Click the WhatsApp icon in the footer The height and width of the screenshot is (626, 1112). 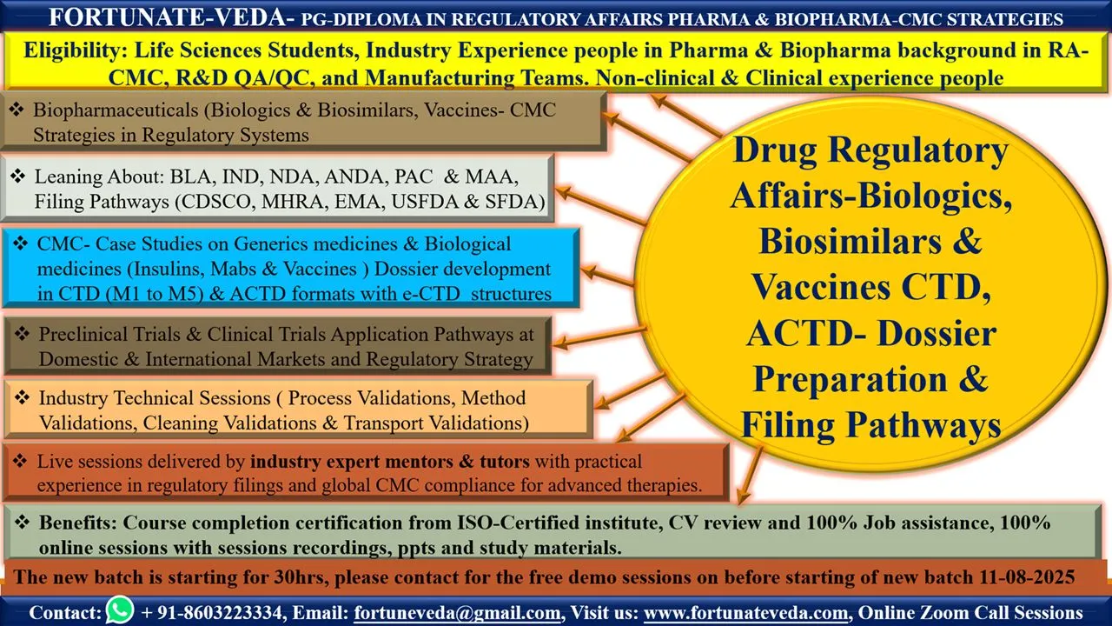pyautogui.click(x=120, y=610)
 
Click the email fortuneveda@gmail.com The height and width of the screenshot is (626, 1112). pyautogui.click(x=457, y=613)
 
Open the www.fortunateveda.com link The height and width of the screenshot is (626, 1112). pyautogui.click(x=745, y=613)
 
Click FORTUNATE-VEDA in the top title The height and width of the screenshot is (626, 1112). pyautogui.click(x=168, y=18)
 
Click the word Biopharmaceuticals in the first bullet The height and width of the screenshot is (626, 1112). pyautogui.click(x=116, y=110)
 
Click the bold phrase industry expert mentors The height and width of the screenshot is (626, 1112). pyautogui.click(x=352, y=462)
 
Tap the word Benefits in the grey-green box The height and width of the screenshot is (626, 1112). pyautogui.click(x=78, y=523)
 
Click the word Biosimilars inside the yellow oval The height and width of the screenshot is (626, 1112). pyautogui.click(x=850, y=242)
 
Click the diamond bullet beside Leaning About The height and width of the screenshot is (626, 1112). pyautogui.click(x=18, y=176)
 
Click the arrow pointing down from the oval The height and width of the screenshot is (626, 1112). pyautogui.click(x=751, y=475)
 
